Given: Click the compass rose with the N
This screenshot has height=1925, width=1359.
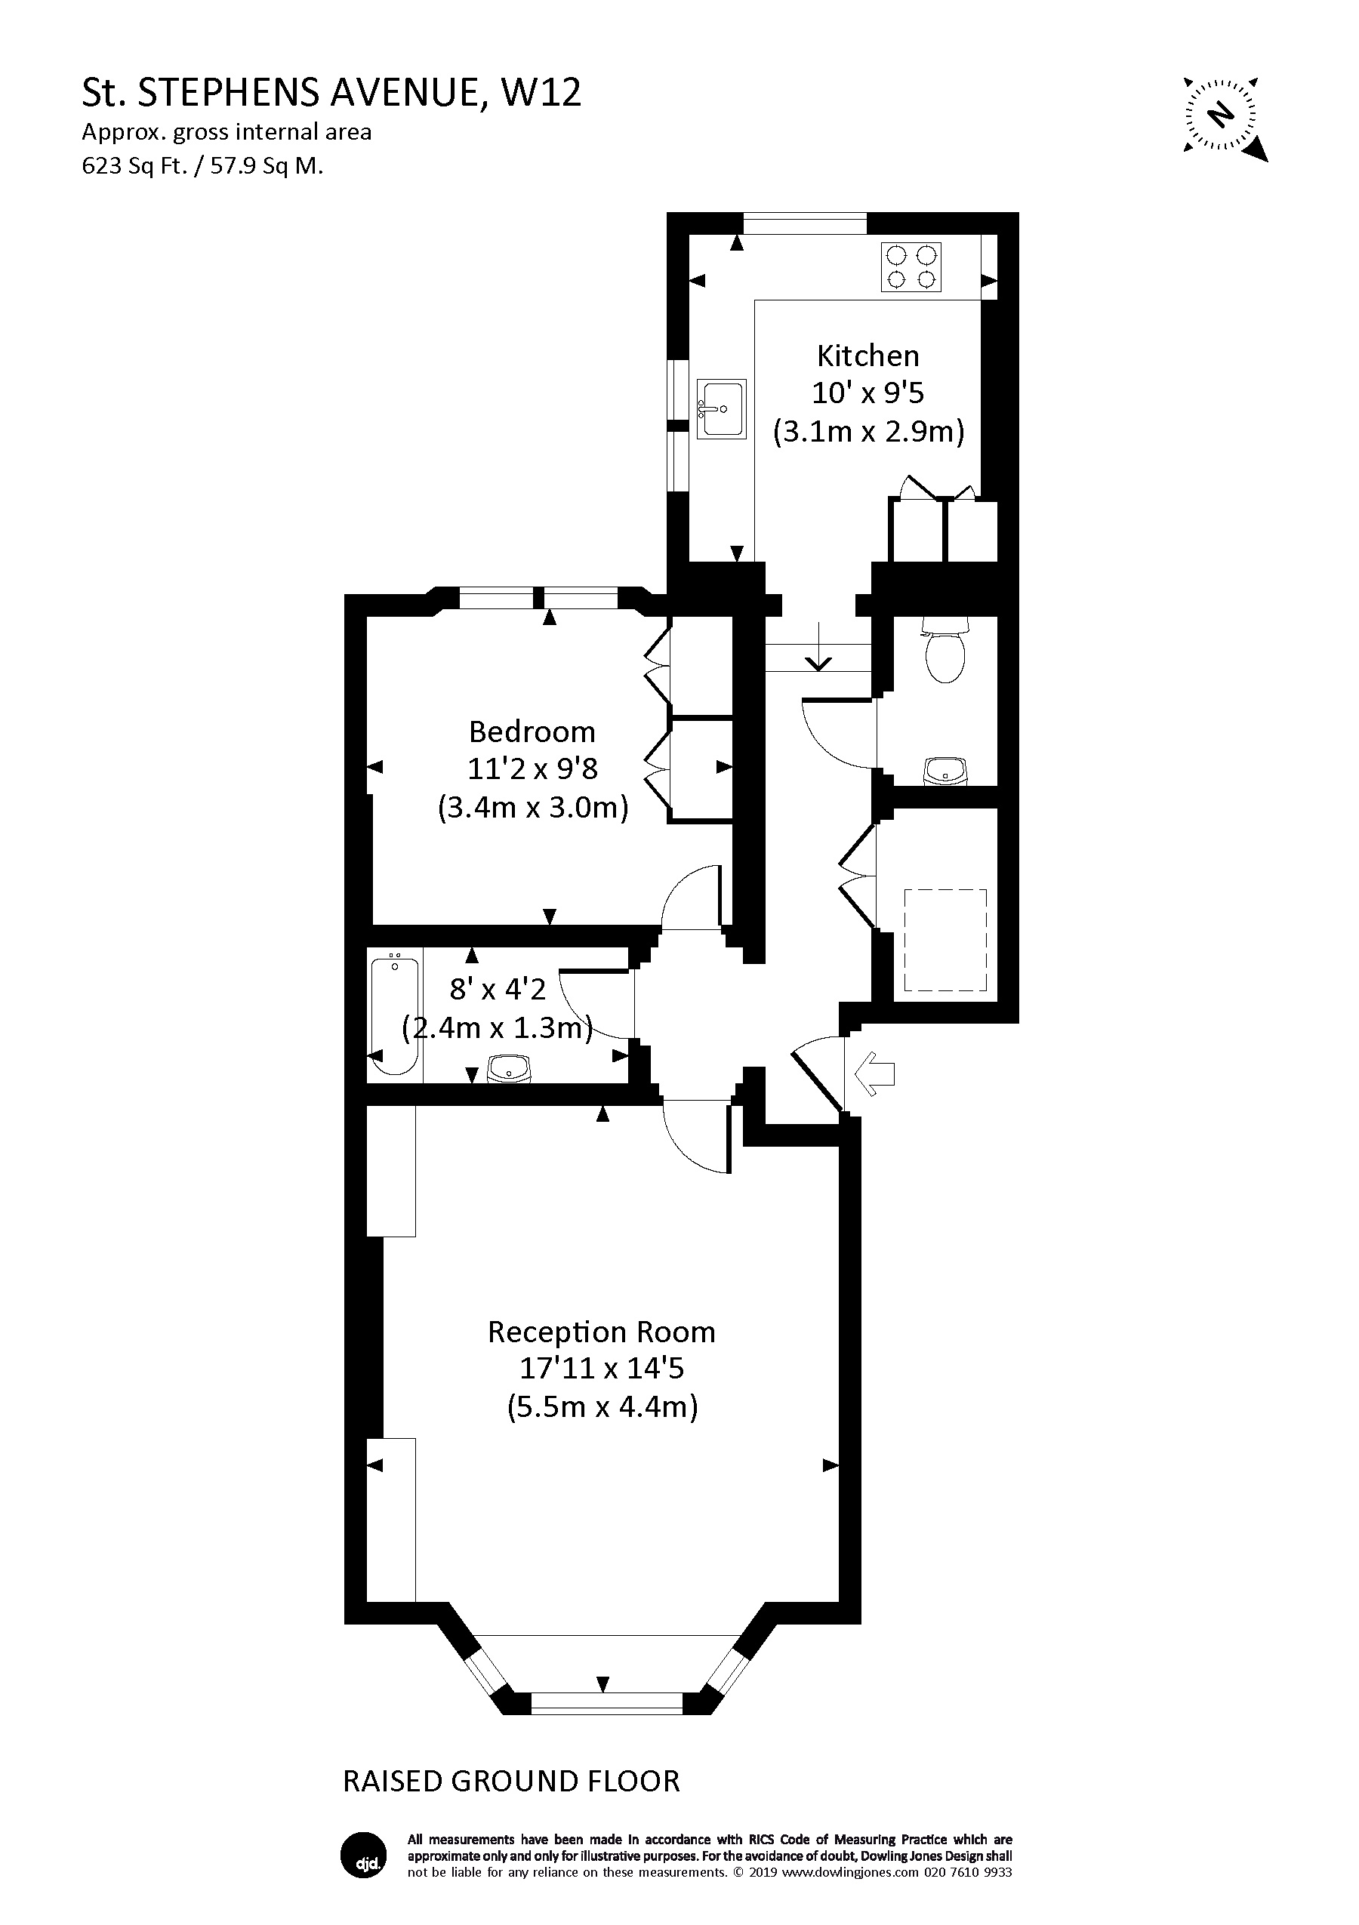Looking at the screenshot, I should [1224, 115].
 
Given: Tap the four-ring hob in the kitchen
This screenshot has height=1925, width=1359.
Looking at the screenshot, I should [911, 266].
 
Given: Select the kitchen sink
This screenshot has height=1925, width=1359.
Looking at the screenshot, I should [720, 408].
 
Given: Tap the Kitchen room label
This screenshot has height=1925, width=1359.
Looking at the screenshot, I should [867, 356].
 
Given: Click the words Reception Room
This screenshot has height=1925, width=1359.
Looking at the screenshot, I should [601, 1332].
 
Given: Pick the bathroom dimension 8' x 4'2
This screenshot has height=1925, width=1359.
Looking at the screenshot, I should [498, 990].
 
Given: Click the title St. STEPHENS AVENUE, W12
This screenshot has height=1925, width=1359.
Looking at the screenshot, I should [331, 93].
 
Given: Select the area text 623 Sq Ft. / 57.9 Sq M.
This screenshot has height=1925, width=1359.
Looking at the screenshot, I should [202, 166].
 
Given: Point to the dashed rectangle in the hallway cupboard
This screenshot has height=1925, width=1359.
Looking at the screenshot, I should [945, 940].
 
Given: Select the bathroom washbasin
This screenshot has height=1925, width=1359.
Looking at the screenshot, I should [509, 1069].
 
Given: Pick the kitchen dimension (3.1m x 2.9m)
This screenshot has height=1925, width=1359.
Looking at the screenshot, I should [867, 431].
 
